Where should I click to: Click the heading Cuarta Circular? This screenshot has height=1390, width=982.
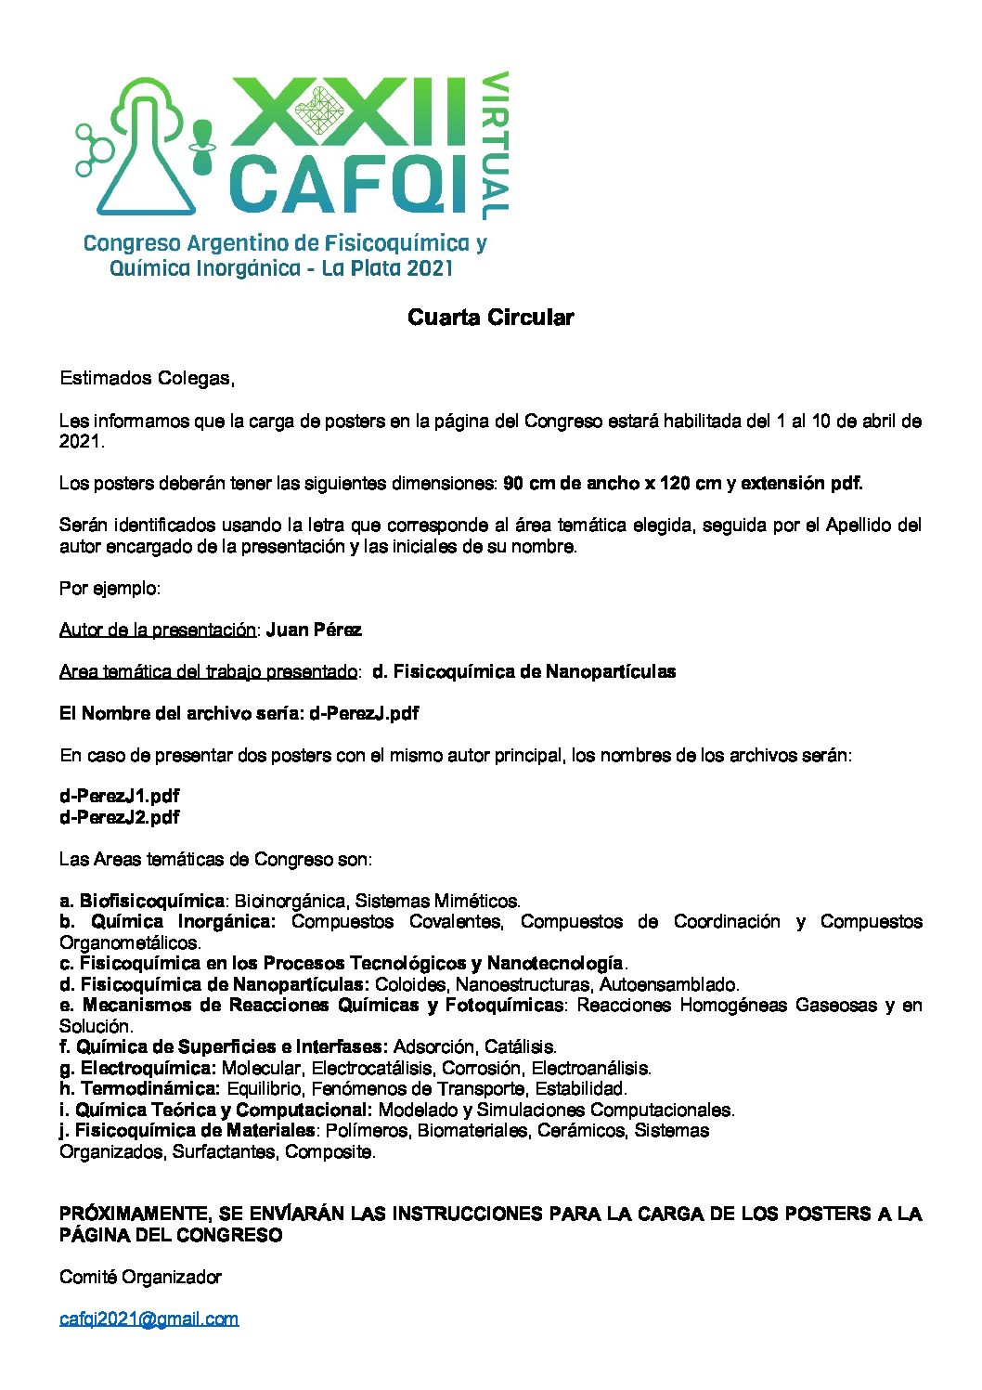point(490,318)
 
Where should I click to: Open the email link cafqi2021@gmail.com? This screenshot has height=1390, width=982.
point(149,1319)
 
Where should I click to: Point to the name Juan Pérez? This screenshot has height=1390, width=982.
point(314,630)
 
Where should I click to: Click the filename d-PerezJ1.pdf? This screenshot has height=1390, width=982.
point(119,796)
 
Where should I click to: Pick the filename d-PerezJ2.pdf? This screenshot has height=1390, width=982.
point(119,817)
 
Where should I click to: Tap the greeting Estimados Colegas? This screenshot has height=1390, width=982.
point(146,378)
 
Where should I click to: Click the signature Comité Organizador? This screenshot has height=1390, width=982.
point(140,1277)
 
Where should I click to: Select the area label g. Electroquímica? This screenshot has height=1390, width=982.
point(137,1068)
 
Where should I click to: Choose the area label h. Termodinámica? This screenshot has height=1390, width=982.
point(139,1088)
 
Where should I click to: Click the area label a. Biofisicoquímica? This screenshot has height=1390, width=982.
point(142,901)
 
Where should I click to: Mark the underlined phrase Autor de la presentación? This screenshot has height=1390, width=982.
point(157,630)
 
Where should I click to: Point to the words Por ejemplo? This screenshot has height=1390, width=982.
point(110,588)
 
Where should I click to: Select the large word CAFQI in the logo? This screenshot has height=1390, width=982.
point(348,183)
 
